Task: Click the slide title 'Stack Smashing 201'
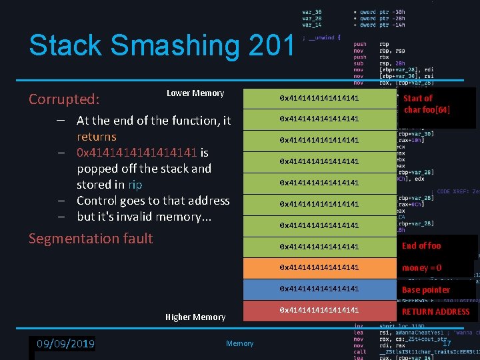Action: [x=161, y=45]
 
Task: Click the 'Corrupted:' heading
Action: [x=64, y=99]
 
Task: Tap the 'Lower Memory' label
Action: [x=195, y=93]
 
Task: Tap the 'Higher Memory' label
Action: [x=195, y=317]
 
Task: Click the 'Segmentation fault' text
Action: [x=91, y=239]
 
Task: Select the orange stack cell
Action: [x=319, y=268]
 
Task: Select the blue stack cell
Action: [x=319, y=289]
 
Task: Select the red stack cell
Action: [x=319, y=311]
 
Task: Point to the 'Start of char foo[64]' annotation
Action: [x=427, y=104]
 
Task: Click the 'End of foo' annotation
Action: [x=421, y=246]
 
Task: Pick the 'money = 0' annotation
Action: [x=421, y=268]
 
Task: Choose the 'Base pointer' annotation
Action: [x=425, y=290]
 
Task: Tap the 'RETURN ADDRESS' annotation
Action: [x=435, y=311]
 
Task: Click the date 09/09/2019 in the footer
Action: [x=65, y=344]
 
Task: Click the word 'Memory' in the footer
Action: [x=239, y=344]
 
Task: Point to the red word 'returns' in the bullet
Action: [x=97, y=137]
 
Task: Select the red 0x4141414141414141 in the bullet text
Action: [x=137, y=153]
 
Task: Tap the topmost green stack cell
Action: [x=319, y=99]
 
